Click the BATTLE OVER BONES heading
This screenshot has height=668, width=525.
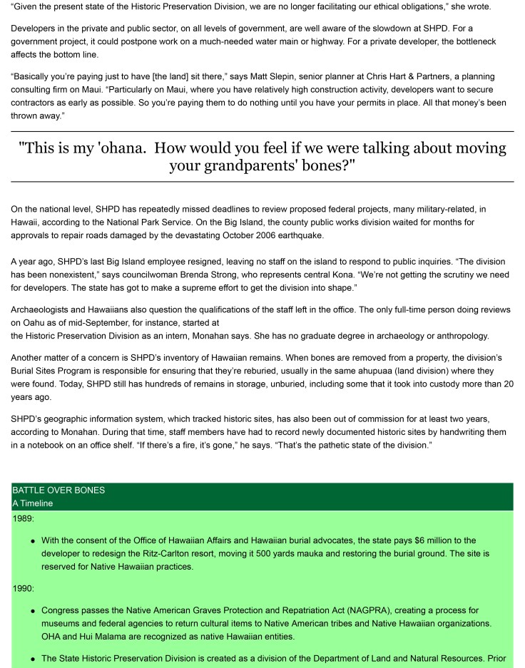(x=58, y=490)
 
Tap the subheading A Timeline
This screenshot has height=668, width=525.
(x=33, y=503)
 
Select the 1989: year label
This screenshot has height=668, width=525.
(x=24, y=518)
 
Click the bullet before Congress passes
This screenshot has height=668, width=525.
(x=34, y=611)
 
